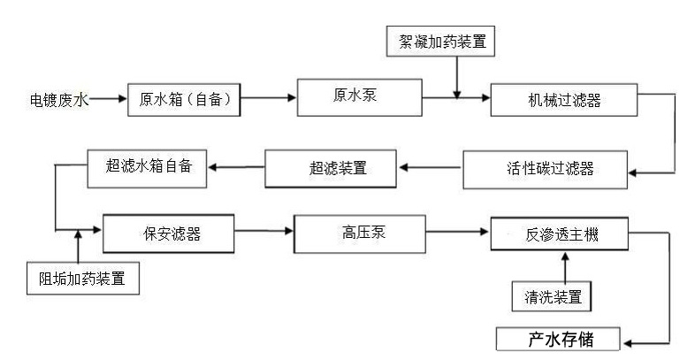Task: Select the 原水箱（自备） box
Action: pyautogui.click(x=185, y=100)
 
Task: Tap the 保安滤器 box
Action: pyautogui.click(x=168, y=234)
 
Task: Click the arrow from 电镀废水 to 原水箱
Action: pyautogui.click(x=108, y=100)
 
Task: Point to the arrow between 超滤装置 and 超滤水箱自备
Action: pyautogui.click(x=236, y=165)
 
